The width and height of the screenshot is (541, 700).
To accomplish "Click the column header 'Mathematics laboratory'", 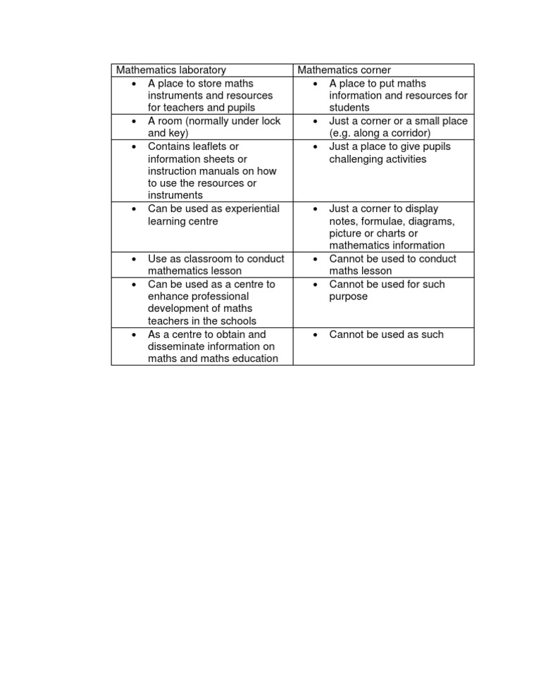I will pos(171,70).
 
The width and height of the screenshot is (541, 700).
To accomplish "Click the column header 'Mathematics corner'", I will pos(344,70).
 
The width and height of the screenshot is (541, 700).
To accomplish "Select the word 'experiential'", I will pos(250,208).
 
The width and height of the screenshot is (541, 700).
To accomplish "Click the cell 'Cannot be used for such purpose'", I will pos(386,290).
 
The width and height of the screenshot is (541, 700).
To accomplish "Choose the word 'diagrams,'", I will pos(433,221).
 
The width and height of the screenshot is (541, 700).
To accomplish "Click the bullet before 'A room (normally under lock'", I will pos(134,121).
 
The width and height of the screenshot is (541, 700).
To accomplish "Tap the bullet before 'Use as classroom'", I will pos(134,258).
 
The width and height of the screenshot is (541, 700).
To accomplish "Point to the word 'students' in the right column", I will pos(349,108).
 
